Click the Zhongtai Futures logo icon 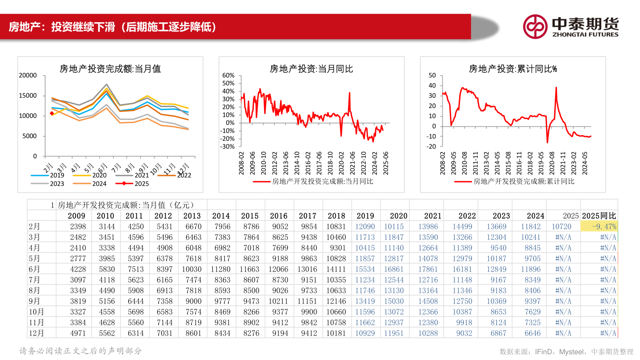point(535,26)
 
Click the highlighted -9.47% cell point(599,226)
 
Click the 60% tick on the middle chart point(228,76)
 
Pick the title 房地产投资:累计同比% point(513,69)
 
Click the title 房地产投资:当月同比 point(311,69)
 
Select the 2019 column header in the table point(365,216)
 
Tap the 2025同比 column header point(599,216)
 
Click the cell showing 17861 point(428,269)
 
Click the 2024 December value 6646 point(532,333)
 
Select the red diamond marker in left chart point(52,113)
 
